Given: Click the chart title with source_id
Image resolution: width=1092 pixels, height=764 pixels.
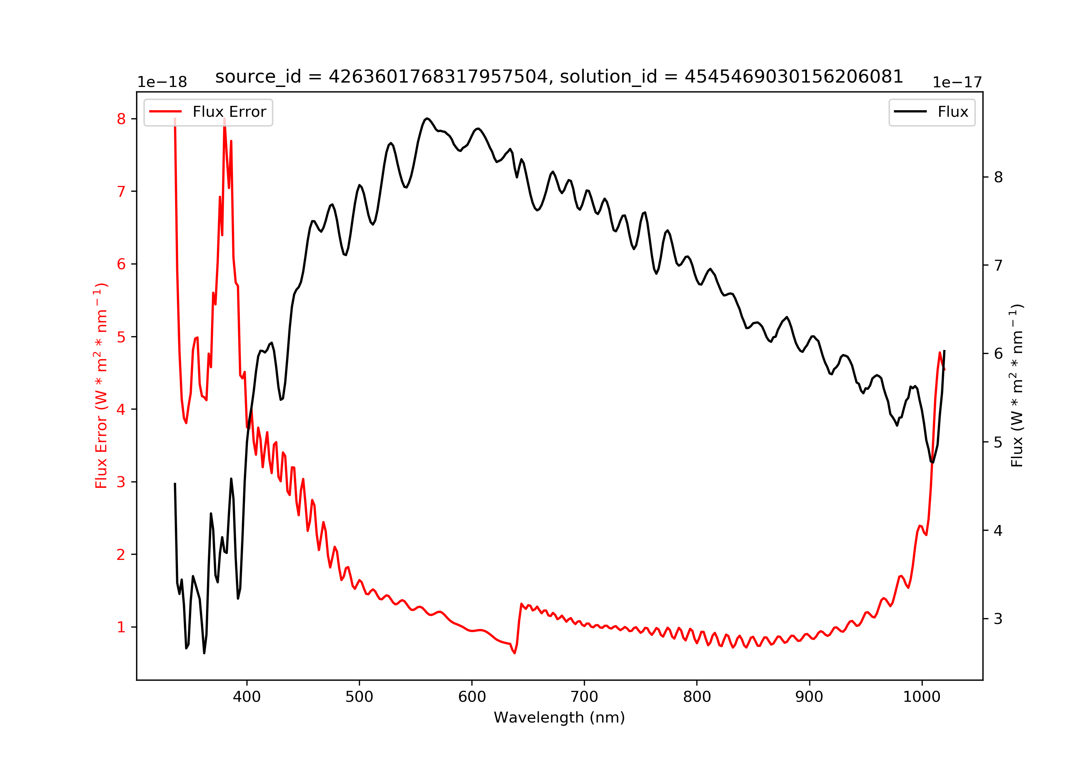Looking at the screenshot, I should (559, 76).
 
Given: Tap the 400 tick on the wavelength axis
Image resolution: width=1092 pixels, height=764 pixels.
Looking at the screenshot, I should (246, 697).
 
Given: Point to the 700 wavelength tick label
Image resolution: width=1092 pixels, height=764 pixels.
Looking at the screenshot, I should (584, 697).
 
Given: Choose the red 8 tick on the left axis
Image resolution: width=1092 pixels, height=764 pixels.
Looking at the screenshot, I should (121, 119).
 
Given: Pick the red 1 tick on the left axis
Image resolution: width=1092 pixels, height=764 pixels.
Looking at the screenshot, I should (121, 627).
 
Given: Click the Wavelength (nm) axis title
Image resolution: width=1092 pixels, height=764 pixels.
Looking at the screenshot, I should (559, 717).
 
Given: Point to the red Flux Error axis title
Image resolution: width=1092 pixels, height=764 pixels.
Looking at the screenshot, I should (101, 386).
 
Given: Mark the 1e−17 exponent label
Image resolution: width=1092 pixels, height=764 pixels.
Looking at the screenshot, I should (957, 83).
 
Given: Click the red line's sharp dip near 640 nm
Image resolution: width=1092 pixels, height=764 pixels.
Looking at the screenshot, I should (514, 653).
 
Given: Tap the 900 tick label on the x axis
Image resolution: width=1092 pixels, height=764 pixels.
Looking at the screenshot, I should (809, 697).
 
